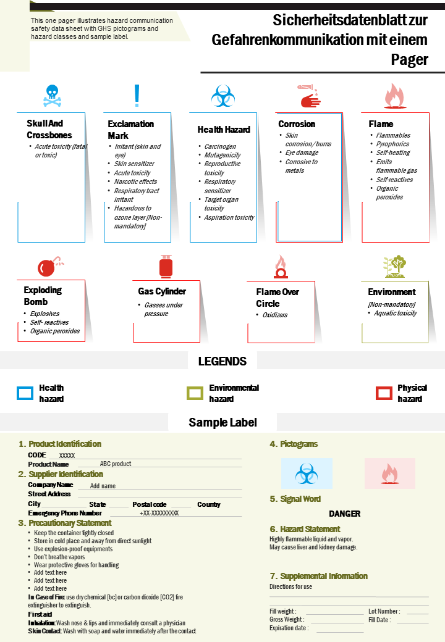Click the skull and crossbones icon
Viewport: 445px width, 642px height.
click(x=53, y=96)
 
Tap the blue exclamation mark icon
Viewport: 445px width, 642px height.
click(x=137, y=96)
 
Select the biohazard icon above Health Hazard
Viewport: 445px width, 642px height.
click(x=223, y=96)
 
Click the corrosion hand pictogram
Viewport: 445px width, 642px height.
click(x=310, y=96)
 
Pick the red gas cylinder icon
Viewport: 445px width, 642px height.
click(x=166, y=267)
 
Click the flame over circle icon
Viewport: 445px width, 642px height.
click(x=281, y=267)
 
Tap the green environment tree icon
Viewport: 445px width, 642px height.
click(x=394, y=267)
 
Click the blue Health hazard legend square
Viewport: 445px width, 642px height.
click(x=25, y=393)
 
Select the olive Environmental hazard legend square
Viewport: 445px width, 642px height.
click(x=195, y=393)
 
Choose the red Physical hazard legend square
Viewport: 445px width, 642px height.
click(x=384, y=393)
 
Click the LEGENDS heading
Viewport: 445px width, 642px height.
click(x=222, y=361)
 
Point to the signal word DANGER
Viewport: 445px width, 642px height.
click(x=345, y=514)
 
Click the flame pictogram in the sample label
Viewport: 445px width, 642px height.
click(x=389, y=473)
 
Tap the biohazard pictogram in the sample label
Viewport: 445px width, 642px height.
click(x=307, y=473)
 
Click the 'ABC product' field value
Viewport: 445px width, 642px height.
click(x=116, y=464)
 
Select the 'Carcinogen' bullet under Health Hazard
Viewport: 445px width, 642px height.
click(x=220, y=146)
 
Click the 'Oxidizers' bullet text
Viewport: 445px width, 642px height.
click(x=275, y=315)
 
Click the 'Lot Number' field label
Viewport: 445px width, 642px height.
click(x=384, y=611)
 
